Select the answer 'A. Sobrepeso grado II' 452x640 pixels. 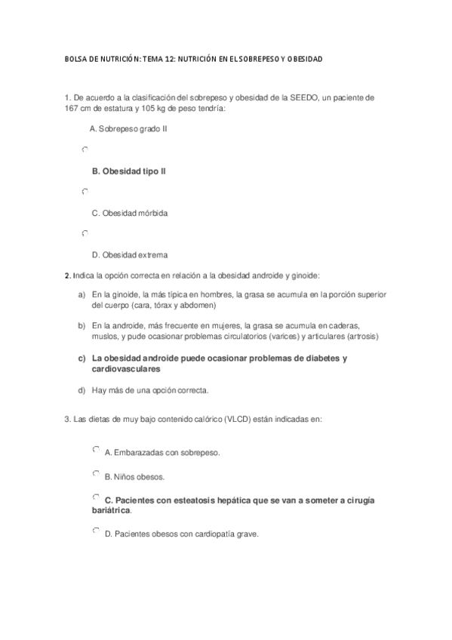click(128, 129)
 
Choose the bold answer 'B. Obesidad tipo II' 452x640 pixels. click(128, 171)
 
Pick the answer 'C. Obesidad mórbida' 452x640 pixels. click(129, 213)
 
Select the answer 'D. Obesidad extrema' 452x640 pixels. click(129, 254)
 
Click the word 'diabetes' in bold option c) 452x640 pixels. click(316, 358)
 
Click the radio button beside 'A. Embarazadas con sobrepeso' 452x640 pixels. click(95, 450)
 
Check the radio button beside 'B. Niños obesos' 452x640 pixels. click(95, 474)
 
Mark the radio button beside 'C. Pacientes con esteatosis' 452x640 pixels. click(95, 498)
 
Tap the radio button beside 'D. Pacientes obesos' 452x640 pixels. click(95, 532)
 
